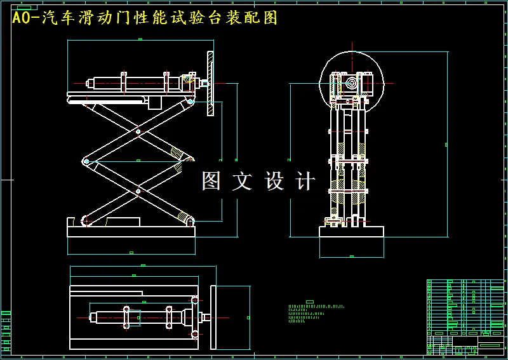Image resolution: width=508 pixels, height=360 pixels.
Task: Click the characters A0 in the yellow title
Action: (x=21, y=18)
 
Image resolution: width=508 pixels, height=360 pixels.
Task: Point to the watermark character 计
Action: (x=305, y=182)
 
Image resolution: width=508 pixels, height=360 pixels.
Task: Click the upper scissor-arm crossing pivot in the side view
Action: (x=138, y=133)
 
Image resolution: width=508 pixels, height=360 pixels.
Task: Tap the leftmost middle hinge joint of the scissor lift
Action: (x=86, y=162)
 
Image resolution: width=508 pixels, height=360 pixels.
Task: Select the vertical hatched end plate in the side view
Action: (x=210, y=84)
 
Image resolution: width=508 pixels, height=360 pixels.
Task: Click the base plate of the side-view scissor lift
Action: (x=131, y=230)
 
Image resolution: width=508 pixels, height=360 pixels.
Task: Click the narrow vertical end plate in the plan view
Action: (x=213, y=317)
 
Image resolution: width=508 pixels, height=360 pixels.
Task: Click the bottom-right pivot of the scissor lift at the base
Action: (x=189, y=220)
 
